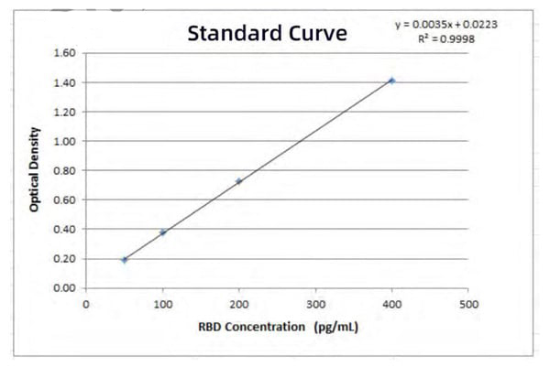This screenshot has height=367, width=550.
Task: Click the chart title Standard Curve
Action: [268, 35]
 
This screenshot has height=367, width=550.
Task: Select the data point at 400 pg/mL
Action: [392, 81]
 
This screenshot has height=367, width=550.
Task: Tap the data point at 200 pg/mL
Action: [239, 181]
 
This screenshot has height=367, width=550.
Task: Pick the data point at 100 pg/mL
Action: [163, 232]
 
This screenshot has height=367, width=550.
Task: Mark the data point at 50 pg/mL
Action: [125, 260]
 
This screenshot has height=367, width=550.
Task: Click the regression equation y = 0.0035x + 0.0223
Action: [446, 25]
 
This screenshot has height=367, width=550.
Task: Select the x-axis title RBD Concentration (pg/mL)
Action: [276, 327]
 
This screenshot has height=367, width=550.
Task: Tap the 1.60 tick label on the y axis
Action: [64, 53]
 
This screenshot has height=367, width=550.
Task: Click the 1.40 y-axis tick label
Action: [64, 82]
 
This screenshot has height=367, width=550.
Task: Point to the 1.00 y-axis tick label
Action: [64, 141]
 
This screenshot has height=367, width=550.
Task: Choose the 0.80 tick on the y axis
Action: [64, 170]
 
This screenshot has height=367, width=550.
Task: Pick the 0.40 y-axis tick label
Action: [64, 229]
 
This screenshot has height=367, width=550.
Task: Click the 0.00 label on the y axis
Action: [64, 287]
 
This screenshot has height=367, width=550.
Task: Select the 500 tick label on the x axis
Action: [468, 304]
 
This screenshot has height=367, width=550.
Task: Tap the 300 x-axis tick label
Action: [315, 304]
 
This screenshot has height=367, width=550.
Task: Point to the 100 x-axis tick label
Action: [163, 304]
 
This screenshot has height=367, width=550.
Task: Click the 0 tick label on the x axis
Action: [86, 304]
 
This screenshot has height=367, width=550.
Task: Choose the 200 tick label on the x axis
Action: [239, 304]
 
